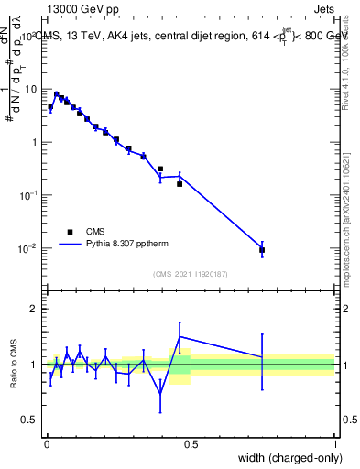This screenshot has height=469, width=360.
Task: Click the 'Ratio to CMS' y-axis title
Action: [15, 364]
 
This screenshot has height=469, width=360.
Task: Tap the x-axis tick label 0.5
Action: [191, 442]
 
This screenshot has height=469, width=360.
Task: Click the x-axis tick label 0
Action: [46, 442]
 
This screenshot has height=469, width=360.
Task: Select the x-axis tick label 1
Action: [335, 442]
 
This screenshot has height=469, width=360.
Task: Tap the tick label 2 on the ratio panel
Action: [34, 309]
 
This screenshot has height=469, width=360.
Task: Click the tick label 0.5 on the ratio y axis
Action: [30, 420]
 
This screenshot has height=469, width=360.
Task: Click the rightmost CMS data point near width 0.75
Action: [262, 249]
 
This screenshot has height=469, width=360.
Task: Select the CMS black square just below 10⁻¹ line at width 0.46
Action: [180, 184]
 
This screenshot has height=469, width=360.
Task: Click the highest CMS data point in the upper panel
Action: [56, 94]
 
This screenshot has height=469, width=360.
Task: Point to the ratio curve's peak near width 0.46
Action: [180, 336]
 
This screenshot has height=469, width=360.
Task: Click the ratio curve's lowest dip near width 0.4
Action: [160, 394]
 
